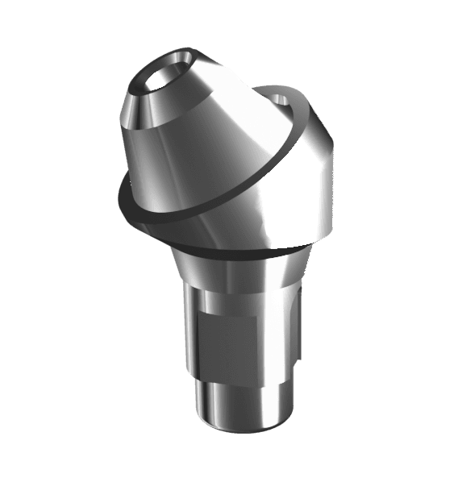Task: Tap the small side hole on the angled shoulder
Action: (281, 100)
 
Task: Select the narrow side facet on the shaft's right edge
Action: (294, 330)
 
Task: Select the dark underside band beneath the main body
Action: (242, 242)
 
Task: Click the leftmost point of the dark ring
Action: (119, 193)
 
